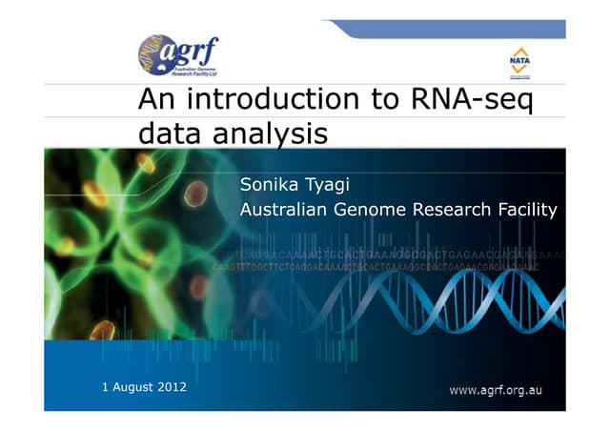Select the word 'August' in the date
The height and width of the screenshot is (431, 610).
132,386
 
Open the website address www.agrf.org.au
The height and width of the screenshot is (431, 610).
495,390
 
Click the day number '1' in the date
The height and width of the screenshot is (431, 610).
105,386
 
